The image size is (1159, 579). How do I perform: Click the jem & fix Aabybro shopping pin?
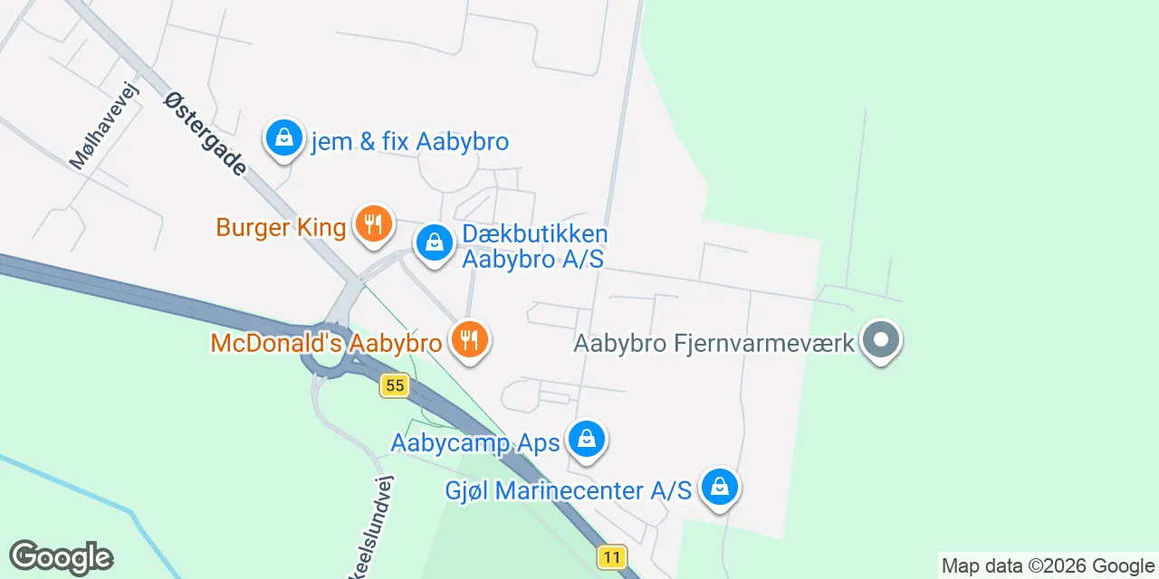(x=284, y=138)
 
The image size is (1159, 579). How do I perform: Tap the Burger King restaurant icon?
(x=372, y=222)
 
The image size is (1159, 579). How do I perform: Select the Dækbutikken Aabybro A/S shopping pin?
(x=435, y=242)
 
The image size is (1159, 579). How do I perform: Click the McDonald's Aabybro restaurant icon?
(x=468, y=340)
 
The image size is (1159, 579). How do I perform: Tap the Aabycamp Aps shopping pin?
(x=587, y=440)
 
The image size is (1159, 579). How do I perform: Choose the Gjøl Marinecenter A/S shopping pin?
(x=719, y=488)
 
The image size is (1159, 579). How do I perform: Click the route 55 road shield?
(x=394, y=385)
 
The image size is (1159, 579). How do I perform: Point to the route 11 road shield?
(x=612, y=556)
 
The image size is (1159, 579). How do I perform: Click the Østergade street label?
(x=205, y=132)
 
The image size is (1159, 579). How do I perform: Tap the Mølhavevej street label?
(x=107, y=132)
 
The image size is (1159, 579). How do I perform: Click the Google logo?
(x=61, y=557)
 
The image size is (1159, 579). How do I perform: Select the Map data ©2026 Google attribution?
(x=1048, y=566)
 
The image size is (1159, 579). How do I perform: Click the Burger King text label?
(x=281, y=226)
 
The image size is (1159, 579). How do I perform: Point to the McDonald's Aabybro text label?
(x=326, y=344)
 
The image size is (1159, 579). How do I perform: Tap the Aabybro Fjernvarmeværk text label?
(x=714, y=344)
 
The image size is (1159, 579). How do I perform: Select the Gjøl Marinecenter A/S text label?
(x=569, y=490)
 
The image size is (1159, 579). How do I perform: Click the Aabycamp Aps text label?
(x=475, y=443)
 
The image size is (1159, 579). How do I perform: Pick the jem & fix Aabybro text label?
(x=409, y=142)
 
